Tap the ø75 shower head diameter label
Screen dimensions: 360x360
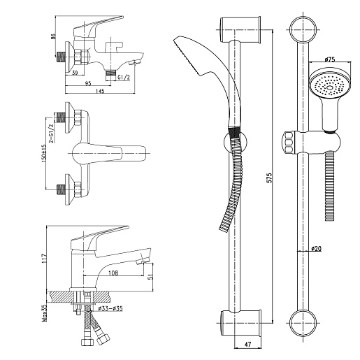tap(330, 59)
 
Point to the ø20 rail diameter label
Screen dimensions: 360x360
tap(317, 249)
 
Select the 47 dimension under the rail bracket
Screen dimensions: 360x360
tap(248, 344)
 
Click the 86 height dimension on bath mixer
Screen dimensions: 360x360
tap(53, 37)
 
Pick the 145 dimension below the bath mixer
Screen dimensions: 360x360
tap(100, 91)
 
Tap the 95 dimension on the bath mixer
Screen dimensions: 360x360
tap(88, 83)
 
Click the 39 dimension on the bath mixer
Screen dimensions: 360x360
tap(75, 73)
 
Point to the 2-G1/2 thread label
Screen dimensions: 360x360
tap(51, 133)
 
